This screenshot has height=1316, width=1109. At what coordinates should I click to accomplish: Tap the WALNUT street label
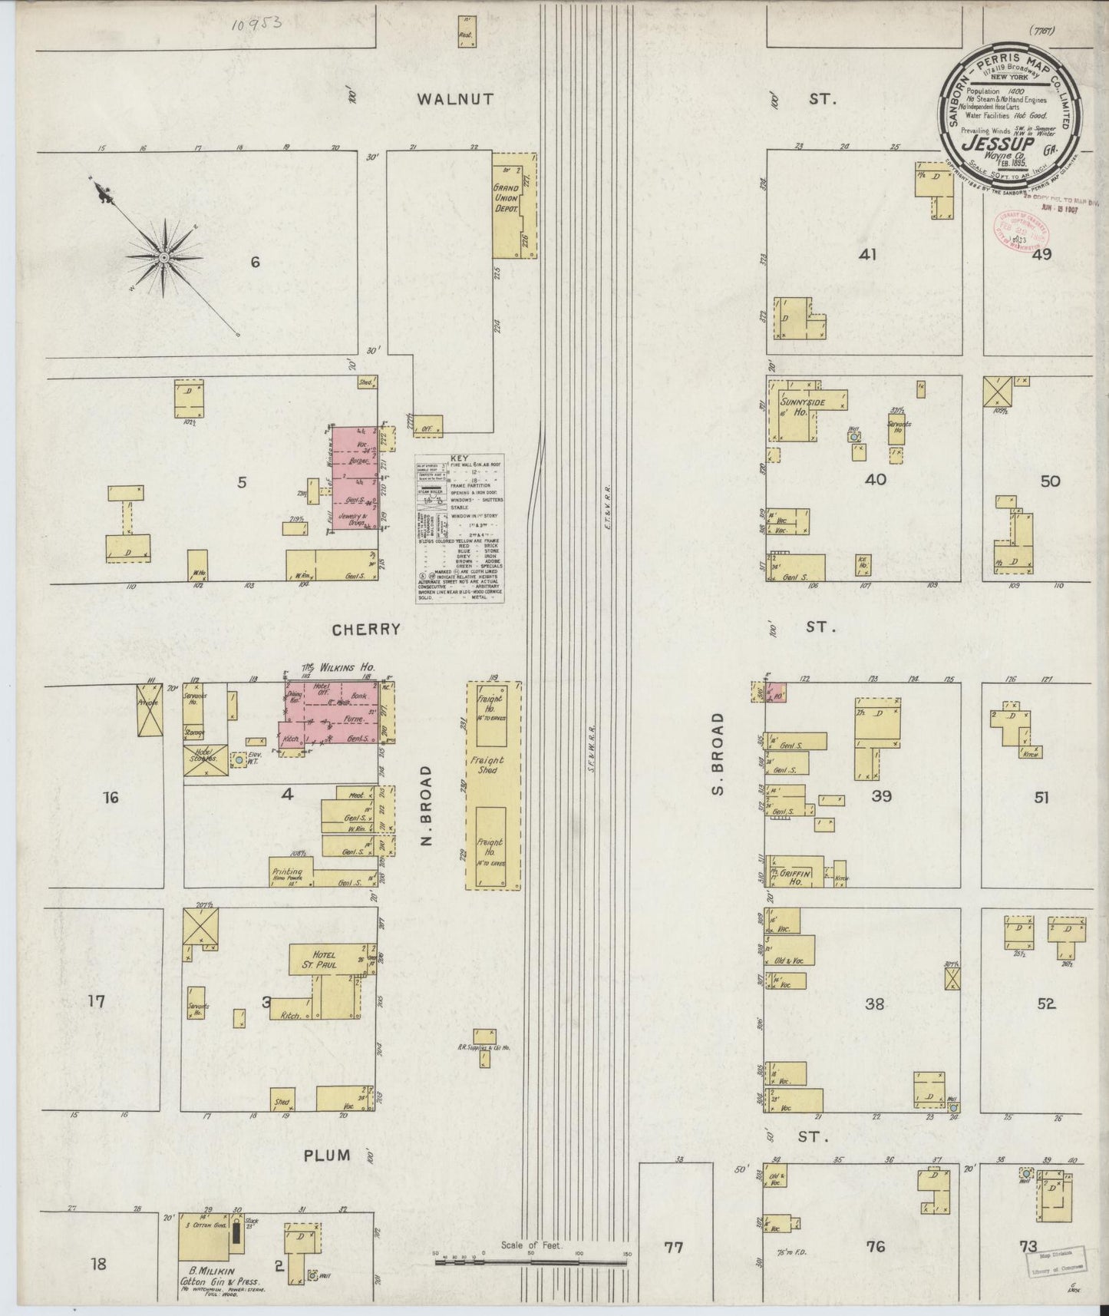coord(455,99)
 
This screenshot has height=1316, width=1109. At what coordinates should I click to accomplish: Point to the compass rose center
coord(163,257)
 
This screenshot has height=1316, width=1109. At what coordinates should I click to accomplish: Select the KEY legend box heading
coord(459,458)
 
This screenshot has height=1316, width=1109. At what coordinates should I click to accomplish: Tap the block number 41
coord(868,255)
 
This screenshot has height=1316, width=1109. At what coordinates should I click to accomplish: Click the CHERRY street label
coord(366,630)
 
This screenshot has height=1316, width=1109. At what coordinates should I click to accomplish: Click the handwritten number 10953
coord(256,24)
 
